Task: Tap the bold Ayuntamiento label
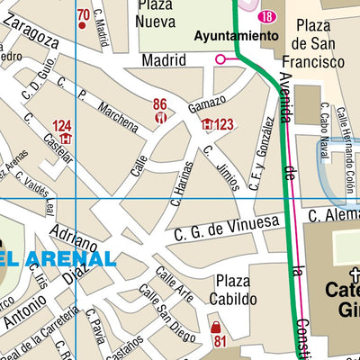point(237,36)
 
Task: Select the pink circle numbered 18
point(266,17)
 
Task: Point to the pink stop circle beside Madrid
point(220,59)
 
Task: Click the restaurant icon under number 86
point(161,117)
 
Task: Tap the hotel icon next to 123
point(207,124)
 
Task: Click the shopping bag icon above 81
point(216,326)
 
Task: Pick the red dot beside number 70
point(83,26)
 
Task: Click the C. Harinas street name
point(183,184)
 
